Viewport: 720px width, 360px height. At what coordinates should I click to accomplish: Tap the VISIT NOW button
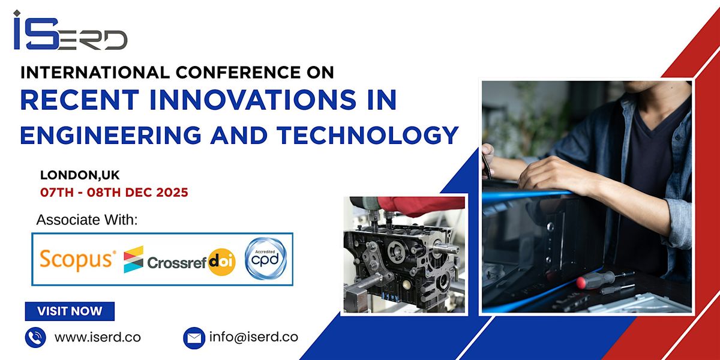point(70,311)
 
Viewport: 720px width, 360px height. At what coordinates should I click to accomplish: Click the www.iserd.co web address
point(98,337)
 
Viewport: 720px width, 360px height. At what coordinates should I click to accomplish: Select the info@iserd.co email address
point(254,337)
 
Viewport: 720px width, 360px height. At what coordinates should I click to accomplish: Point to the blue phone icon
point(35,337)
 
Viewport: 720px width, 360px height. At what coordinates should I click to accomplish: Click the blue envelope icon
point(194,337)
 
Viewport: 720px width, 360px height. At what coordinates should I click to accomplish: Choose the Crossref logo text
point(178,262)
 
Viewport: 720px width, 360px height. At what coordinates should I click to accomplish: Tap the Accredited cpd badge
point(265,259)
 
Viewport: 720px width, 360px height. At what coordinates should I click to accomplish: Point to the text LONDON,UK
point(80,175)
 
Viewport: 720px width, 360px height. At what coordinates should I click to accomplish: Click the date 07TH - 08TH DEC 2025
point(114,193)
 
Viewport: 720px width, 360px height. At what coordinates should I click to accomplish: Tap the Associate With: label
point(87,220)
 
